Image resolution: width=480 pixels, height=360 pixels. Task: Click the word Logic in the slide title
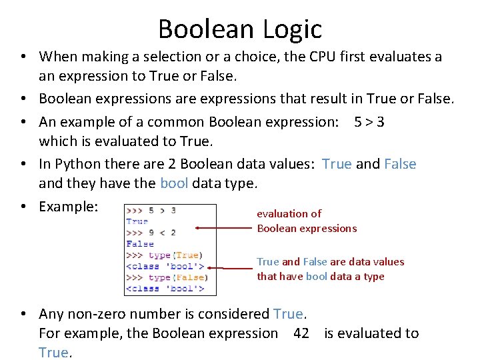[x=291, y=29]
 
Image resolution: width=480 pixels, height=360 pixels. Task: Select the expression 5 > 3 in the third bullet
[x=369, y=121]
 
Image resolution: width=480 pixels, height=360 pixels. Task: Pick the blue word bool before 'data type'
[x=174, y=183]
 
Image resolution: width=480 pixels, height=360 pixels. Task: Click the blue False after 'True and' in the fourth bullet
[x=400, y=164]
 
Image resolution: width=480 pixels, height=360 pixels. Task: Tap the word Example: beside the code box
[x=69, y=207]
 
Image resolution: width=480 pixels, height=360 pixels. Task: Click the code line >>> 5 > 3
[x=151, y=211]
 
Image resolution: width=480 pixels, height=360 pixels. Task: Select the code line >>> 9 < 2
[x=151, y=233]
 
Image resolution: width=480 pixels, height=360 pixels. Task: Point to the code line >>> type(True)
[x=165, y=255]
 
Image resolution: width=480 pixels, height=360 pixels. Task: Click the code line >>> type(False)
[x=167, y=277]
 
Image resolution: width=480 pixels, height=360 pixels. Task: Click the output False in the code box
[x=140, y=244]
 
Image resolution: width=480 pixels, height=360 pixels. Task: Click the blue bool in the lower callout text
[x=317, y=276]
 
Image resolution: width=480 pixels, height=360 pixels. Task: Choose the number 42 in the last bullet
[x=301, y=333]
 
